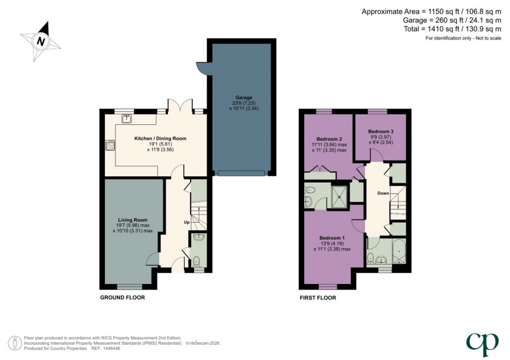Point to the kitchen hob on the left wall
109,144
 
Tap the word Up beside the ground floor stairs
187,222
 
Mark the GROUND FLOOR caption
122,298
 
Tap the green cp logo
479,342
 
